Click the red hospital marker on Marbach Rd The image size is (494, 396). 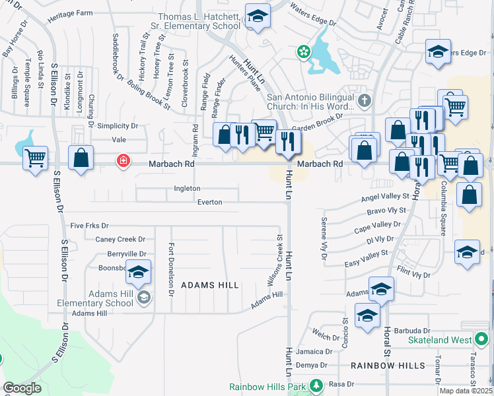pos(123,160)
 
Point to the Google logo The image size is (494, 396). pos(22,388)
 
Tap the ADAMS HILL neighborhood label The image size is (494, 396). pos(209,284)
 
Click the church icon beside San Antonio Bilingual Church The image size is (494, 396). pos(365,101)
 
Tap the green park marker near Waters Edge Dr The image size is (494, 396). pos(303,51)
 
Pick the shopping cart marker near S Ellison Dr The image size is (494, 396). pos(35,158)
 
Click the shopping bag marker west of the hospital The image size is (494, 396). pos(81,159)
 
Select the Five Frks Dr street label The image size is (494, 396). pos(89,226)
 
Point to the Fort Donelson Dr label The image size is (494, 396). pos(170,269)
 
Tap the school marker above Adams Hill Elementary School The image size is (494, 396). pos(138,272)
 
